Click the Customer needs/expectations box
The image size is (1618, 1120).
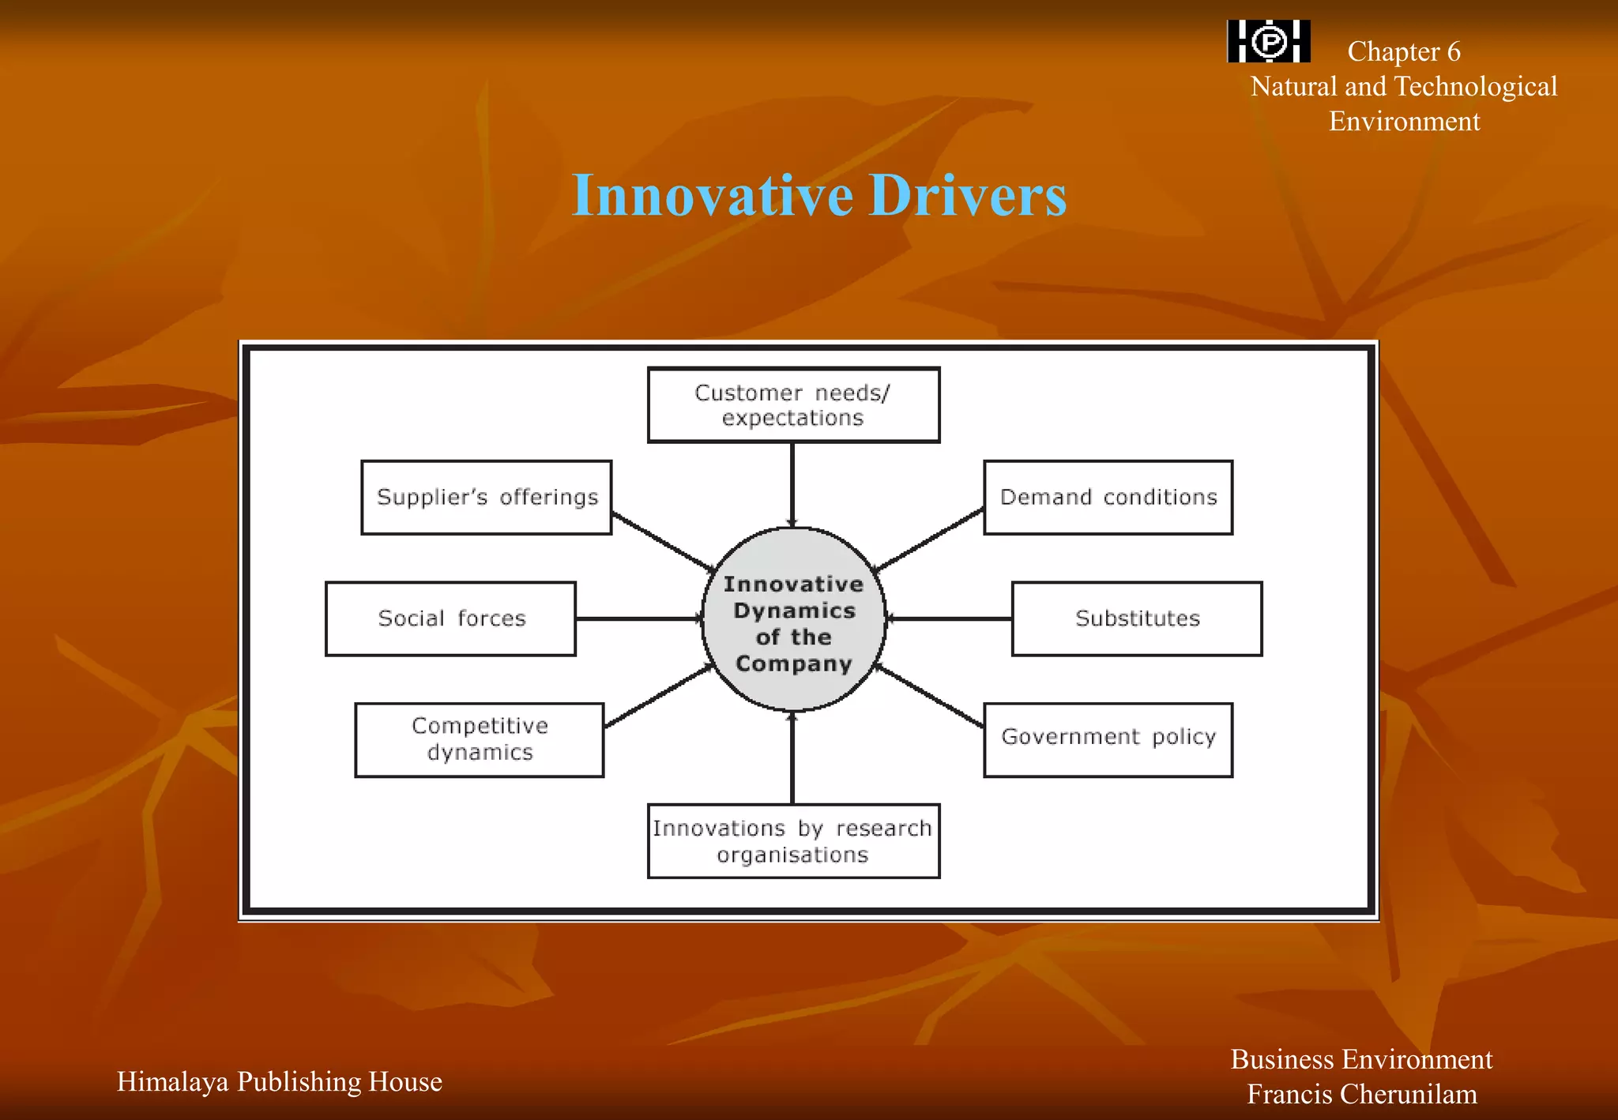pyautogui.click(x=793, y=405)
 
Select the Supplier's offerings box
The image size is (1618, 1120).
pyautogui.click(x=486, y=498)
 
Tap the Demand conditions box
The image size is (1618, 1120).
pyautogui.click(x=1108, y=498)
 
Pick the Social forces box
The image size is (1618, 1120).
pyautogui.click(x=450, y=618)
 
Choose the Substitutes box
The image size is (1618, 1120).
pyautogui.click(x=1137, y=618)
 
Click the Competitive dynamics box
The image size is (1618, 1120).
pyautogui.click(x=480, y=740)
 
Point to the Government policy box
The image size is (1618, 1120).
pyautogui.click(x=1108, y=740)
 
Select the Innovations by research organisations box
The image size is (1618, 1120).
pyautogui.click(x=793, y=841)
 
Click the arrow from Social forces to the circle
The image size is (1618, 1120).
pyautogui.click(x=638, y=618)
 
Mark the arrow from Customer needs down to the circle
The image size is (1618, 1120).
pyautogui.click(x=792, y=483)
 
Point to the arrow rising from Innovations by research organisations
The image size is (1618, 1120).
pyautogui.click(x=792, y=758)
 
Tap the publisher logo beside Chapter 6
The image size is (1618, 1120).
pyautogui.click(x=1268, y=41)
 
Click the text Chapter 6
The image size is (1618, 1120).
pyautogui.click(x=1403, y=51)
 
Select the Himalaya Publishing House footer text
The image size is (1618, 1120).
pyautogui.click(x=279, y=1081)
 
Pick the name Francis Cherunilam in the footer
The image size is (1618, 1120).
pyautogui.click(x=1361, y=1094)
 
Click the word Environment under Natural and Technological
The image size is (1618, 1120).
pyautogui.click(x=1404, y=122)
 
